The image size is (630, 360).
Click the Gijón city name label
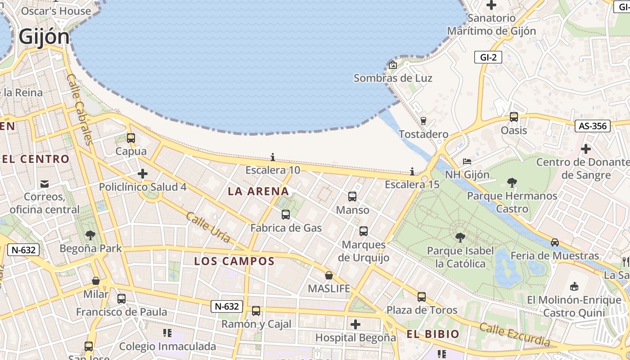coord(44,37)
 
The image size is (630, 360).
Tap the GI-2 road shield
coord(488,57)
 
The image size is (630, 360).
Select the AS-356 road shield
coord(592,126)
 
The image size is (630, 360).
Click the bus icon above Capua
coord(131,138)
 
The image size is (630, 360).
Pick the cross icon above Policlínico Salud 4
coord(143,174)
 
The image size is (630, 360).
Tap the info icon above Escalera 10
coord(273,157)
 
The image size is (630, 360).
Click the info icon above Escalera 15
coord(412,171)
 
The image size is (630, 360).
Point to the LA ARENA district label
coord(258,191)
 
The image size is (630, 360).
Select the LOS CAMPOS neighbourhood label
coord(234,261)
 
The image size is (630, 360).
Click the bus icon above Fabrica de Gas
coord(286,215)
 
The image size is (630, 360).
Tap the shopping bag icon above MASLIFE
coord(329,275)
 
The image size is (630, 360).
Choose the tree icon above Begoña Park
coord(90,235)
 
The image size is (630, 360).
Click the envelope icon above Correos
coord(45,184)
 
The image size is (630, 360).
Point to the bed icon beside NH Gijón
coord(467,161)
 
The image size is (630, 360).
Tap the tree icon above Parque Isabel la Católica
coord(460,237)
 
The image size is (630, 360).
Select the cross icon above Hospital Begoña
coord(355,324)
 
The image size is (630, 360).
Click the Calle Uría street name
coord(208,227)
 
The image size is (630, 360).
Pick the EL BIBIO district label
coord(432,334)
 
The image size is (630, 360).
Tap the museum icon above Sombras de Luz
coord(393,65)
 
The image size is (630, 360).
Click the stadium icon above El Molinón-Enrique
coord(574,286)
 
